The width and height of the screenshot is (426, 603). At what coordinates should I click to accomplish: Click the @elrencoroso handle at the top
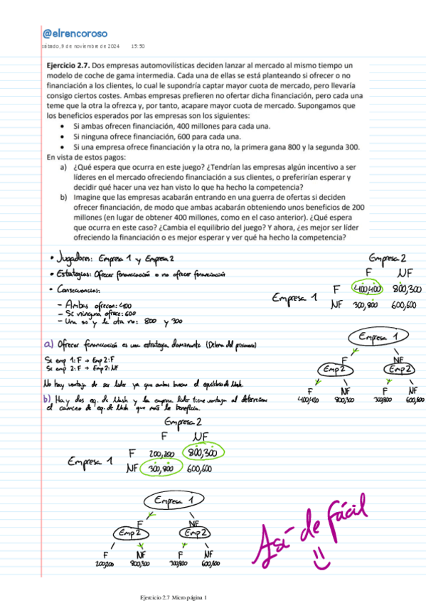[x=75, y=33]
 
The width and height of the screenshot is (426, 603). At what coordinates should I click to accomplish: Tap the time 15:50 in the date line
[x=139, y=47]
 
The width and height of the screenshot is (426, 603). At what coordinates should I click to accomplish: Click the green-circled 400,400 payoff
[x=367, y=289]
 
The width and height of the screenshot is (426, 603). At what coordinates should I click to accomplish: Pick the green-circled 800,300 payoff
[x=203, y=452]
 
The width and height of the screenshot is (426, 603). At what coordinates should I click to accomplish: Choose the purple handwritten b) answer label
[x=48, y=400]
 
